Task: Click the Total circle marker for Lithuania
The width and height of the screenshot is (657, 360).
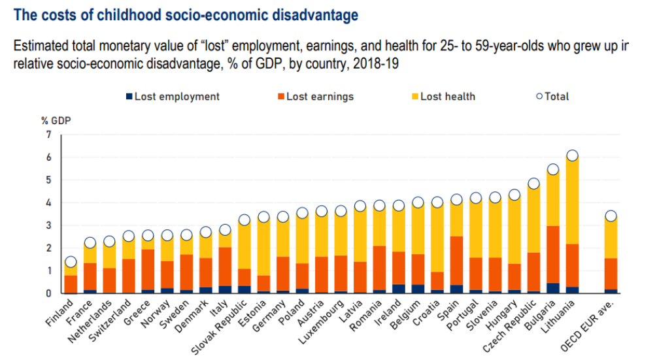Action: pos(572,155)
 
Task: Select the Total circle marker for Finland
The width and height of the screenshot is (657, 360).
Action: pos(71,262)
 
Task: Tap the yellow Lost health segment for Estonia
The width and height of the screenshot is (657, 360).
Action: pos(263,248)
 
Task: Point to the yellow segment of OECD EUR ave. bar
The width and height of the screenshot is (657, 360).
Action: pos(611,238)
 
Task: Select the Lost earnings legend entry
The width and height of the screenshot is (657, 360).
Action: pos(315,97)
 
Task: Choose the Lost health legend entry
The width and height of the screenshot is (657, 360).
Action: pos(443,97)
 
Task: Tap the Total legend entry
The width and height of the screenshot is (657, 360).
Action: pos(552,97)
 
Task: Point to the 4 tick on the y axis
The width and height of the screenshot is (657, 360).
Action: pos(48,203)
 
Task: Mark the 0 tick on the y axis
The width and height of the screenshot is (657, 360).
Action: pos(48,293)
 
